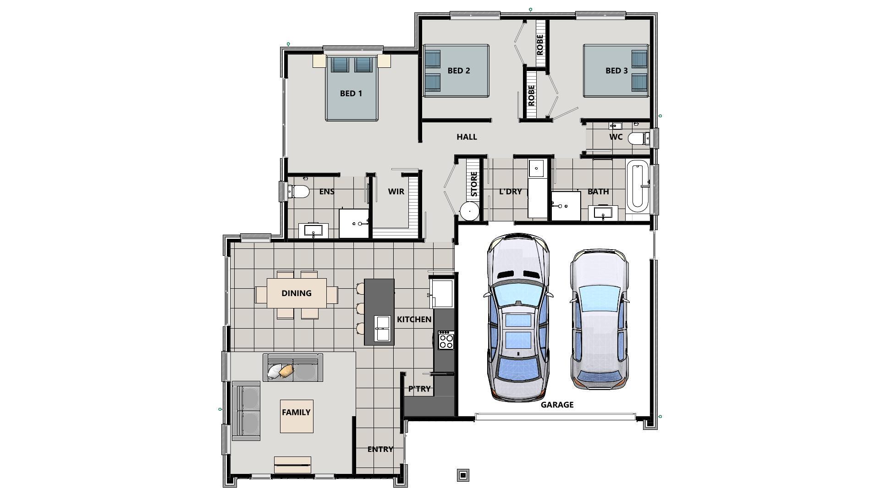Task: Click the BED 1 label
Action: [351, 93]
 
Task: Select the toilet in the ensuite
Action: [298, 191]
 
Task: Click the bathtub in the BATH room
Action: [638, 186]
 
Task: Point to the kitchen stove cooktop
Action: [445, 340]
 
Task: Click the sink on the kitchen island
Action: [382, 328]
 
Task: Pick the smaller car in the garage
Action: [599, 319]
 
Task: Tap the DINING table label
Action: [296, 293]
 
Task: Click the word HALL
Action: [467, 137]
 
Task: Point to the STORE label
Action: [474, 184]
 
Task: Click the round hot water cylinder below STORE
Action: [469, 211]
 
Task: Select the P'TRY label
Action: [419, 389]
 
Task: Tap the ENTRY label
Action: [380, 450]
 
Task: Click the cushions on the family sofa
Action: [280, 371]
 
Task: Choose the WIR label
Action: [396, 192]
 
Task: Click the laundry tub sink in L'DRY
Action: [536, 168]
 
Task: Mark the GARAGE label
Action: [556, 405]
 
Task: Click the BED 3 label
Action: [616, 71]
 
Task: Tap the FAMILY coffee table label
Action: [296, 412]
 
